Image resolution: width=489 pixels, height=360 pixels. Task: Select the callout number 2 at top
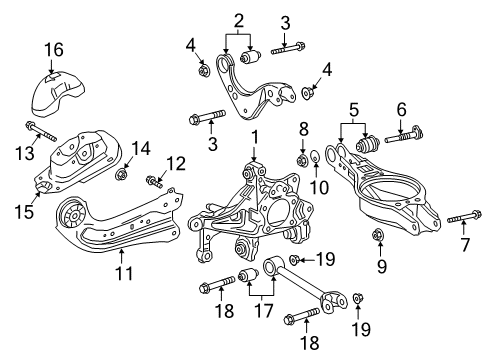pyautogui.click(x=239, y=19)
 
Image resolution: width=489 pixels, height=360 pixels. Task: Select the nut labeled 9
pyautogui.click(x=378, y=237)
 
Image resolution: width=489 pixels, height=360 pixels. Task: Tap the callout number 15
pyautogui.click(x=26, y=211)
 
